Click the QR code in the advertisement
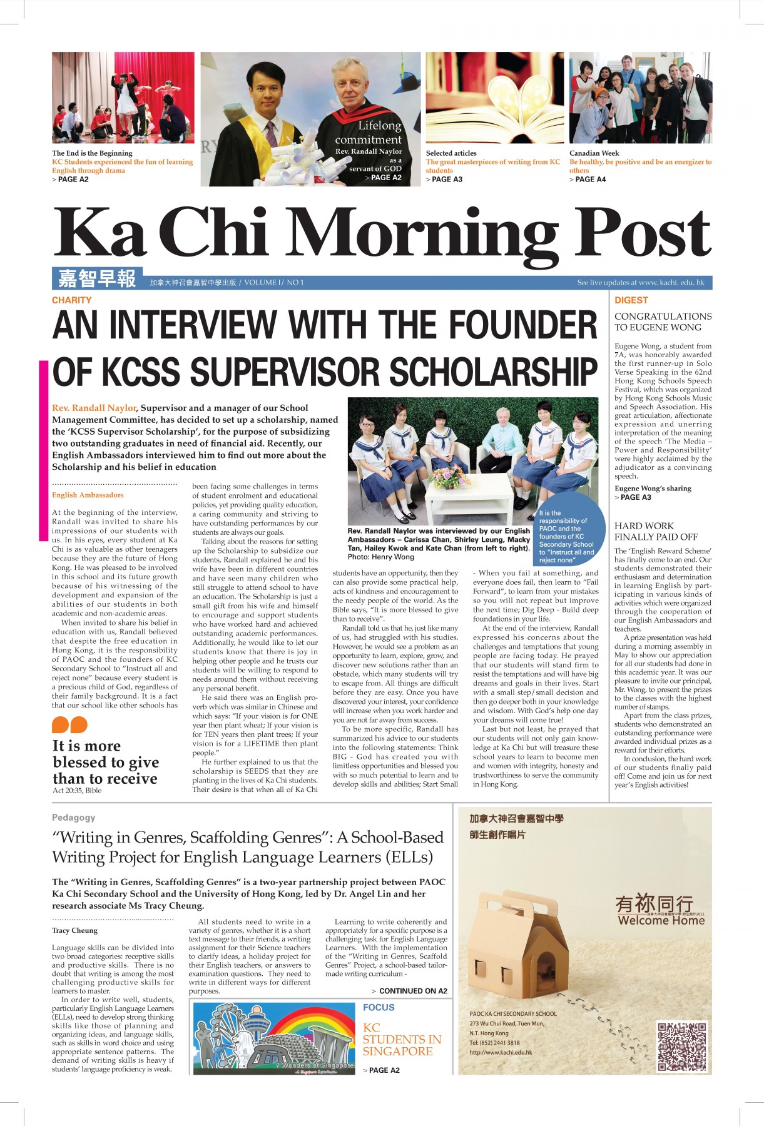(683, 1046)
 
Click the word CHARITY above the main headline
(71, 300)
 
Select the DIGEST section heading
(631, 300)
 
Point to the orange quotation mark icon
(69, 725)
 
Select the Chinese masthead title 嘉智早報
(97, 278)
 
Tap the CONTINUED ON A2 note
(409, 991)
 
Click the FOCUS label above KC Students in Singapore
(379, 1007)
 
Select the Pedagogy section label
(73, 817)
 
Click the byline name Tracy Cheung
(74, 930)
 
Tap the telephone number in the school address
(494, 1043)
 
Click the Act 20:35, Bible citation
(77, 790)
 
